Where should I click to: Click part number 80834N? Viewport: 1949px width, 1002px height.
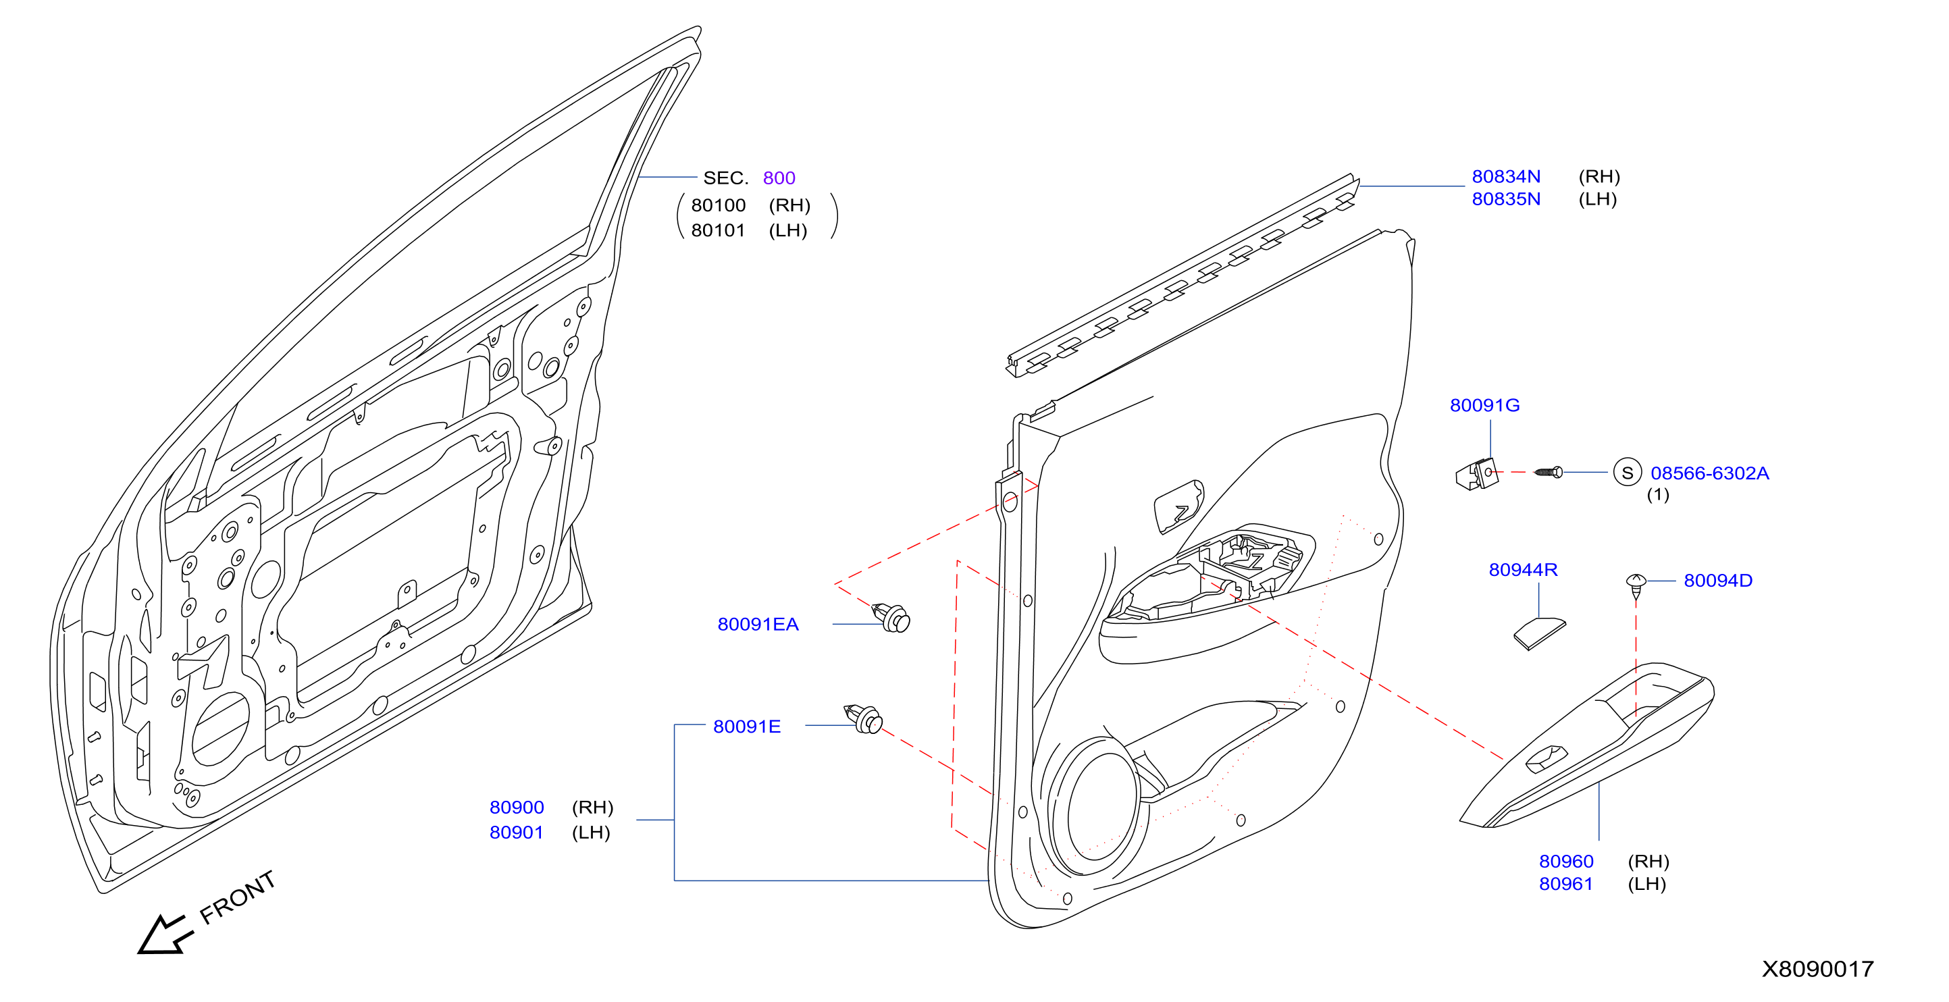1505,176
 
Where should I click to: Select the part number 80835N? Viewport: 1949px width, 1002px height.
1505,199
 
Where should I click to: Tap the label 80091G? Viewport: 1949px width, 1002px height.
1484,405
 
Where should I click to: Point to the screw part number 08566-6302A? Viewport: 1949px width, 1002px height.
1709,473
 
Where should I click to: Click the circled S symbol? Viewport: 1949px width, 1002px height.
1628,473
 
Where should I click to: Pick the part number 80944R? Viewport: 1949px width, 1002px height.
1523,569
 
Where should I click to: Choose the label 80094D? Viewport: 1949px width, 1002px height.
1718,581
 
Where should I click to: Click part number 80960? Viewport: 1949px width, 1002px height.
1566,862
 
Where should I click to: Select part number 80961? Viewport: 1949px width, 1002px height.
1566,884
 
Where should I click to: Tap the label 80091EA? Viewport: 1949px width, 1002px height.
758,625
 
